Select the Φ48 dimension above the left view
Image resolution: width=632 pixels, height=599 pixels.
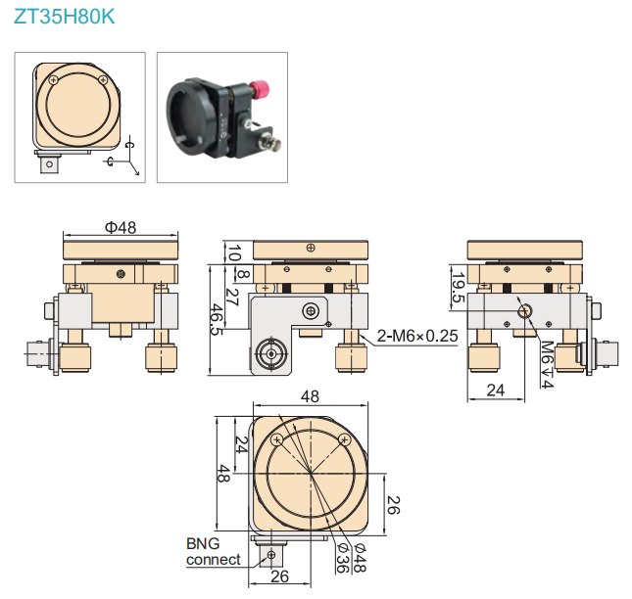(x=120, y=227)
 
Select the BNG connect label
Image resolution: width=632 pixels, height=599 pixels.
(x=214, y=551)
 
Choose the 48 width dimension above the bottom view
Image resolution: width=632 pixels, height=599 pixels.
(x=310, y=397)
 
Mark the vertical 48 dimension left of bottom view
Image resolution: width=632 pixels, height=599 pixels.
(x=223, y=474)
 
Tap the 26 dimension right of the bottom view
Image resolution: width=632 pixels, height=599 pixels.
(x=392, y=505)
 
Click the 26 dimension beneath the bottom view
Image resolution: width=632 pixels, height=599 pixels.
(x=279, y=576)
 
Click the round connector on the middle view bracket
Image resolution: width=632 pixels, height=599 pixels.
(x=267, y=353)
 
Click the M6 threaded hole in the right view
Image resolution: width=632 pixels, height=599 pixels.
(x=525, y=312)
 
